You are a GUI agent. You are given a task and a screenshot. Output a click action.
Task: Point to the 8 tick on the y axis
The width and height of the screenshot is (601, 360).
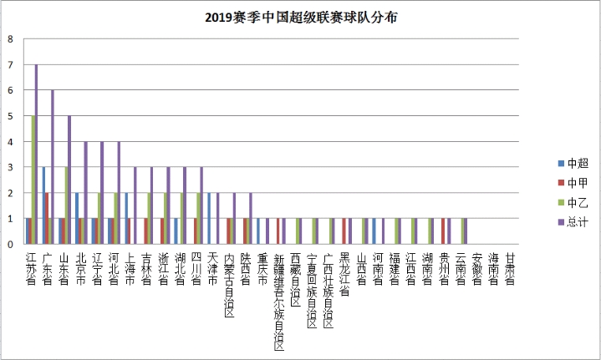pos(10,38)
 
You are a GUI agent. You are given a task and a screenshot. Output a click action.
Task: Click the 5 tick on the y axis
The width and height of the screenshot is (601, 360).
pos(10,116)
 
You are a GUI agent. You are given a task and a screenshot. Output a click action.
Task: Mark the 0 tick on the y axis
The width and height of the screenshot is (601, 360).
pos(10,245)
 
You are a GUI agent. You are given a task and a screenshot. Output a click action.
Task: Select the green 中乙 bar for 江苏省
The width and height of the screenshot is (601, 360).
pos(33,180)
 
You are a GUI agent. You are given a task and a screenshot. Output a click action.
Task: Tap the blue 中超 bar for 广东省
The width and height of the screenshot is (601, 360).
pos(43,205)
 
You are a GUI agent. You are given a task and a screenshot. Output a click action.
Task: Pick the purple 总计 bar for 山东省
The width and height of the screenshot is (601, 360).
pos(69,180)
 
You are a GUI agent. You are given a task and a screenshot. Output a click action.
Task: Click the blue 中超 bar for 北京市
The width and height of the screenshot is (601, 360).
pos(76,218)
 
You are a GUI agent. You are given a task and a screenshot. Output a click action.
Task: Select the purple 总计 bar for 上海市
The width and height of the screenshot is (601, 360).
pos(135,205)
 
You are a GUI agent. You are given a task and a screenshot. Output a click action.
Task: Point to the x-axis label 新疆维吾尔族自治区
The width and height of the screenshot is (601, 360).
pos(279,301)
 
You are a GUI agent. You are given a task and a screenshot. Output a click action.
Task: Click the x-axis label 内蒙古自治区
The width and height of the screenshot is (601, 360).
pos(230,285)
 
